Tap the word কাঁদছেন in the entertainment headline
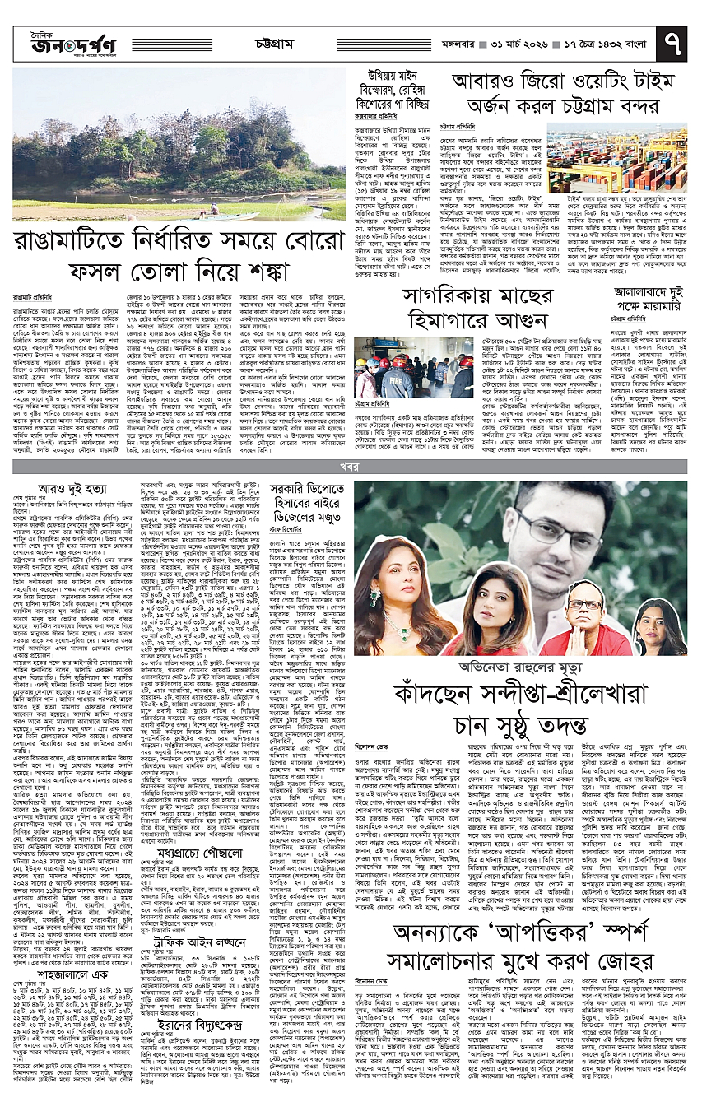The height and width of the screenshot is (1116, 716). coord(435,669)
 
